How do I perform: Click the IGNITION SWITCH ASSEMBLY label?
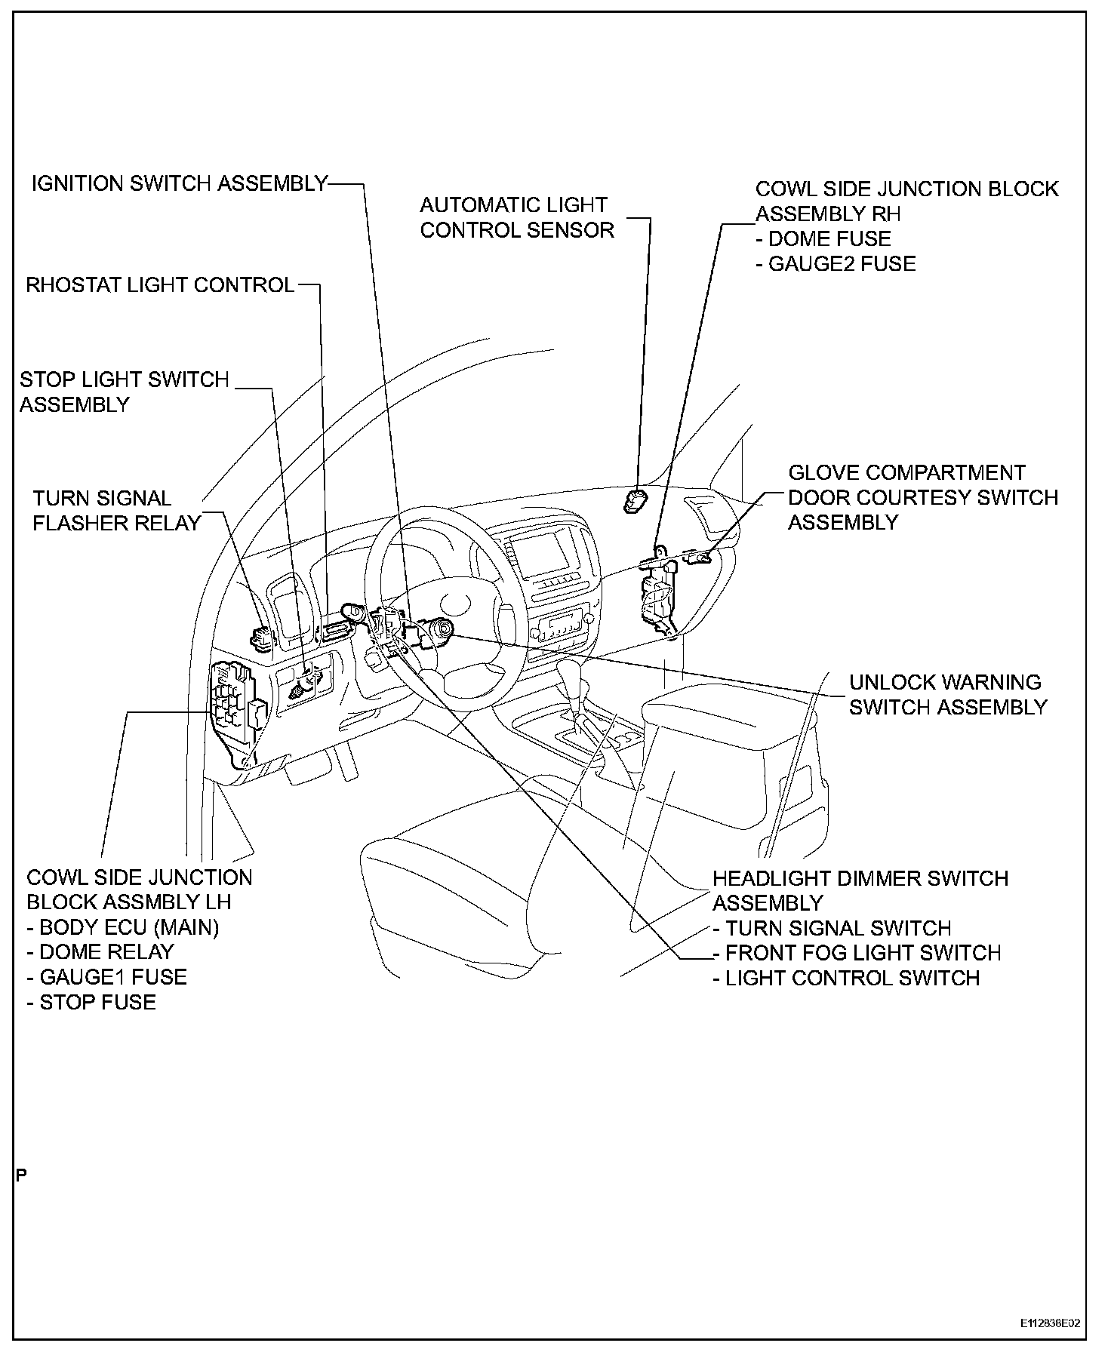(180, 183)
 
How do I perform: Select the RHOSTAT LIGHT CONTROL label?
(160, 285)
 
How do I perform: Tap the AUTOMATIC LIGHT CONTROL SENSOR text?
(517, 217)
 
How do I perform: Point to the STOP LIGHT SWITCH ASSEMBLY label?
(124, 392)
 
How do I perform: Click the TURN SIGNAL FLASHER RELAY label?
(117, 511)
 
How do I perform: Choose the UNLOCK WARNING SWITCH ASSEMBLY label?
(948, 695)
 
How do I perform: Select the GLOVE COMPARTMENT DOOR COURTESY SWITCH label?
(922, 498)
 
